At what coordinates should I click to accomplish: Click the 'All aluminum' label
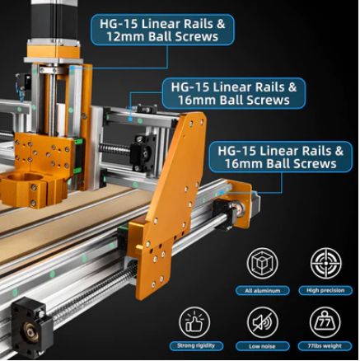[x=262, y=290]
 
